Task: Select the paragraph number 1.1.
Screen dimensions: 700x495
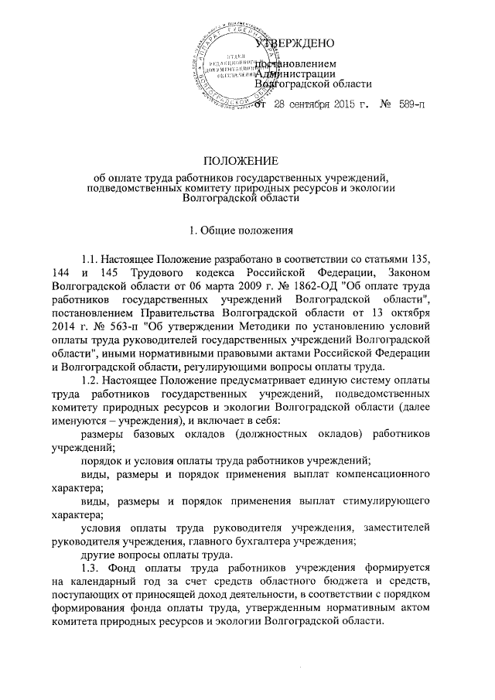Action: tap(91, 256)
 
